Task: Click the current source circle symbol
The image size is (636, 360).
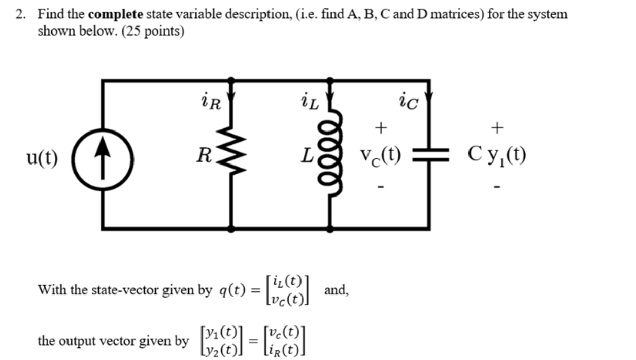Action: [x=103, y=155]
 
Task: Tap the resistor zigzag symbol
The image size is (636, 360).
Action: [x=231, y=155]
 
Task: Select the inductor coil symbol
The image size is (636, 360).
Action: [x=331, y=155]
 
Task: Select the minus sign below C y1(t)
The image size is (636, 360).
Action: [x=498, y=187]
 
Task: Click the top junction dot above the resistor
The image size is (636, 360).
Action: [x=231, y=80]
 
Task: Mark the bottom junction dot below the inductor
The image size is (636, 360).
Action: [x=331, y=229]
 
